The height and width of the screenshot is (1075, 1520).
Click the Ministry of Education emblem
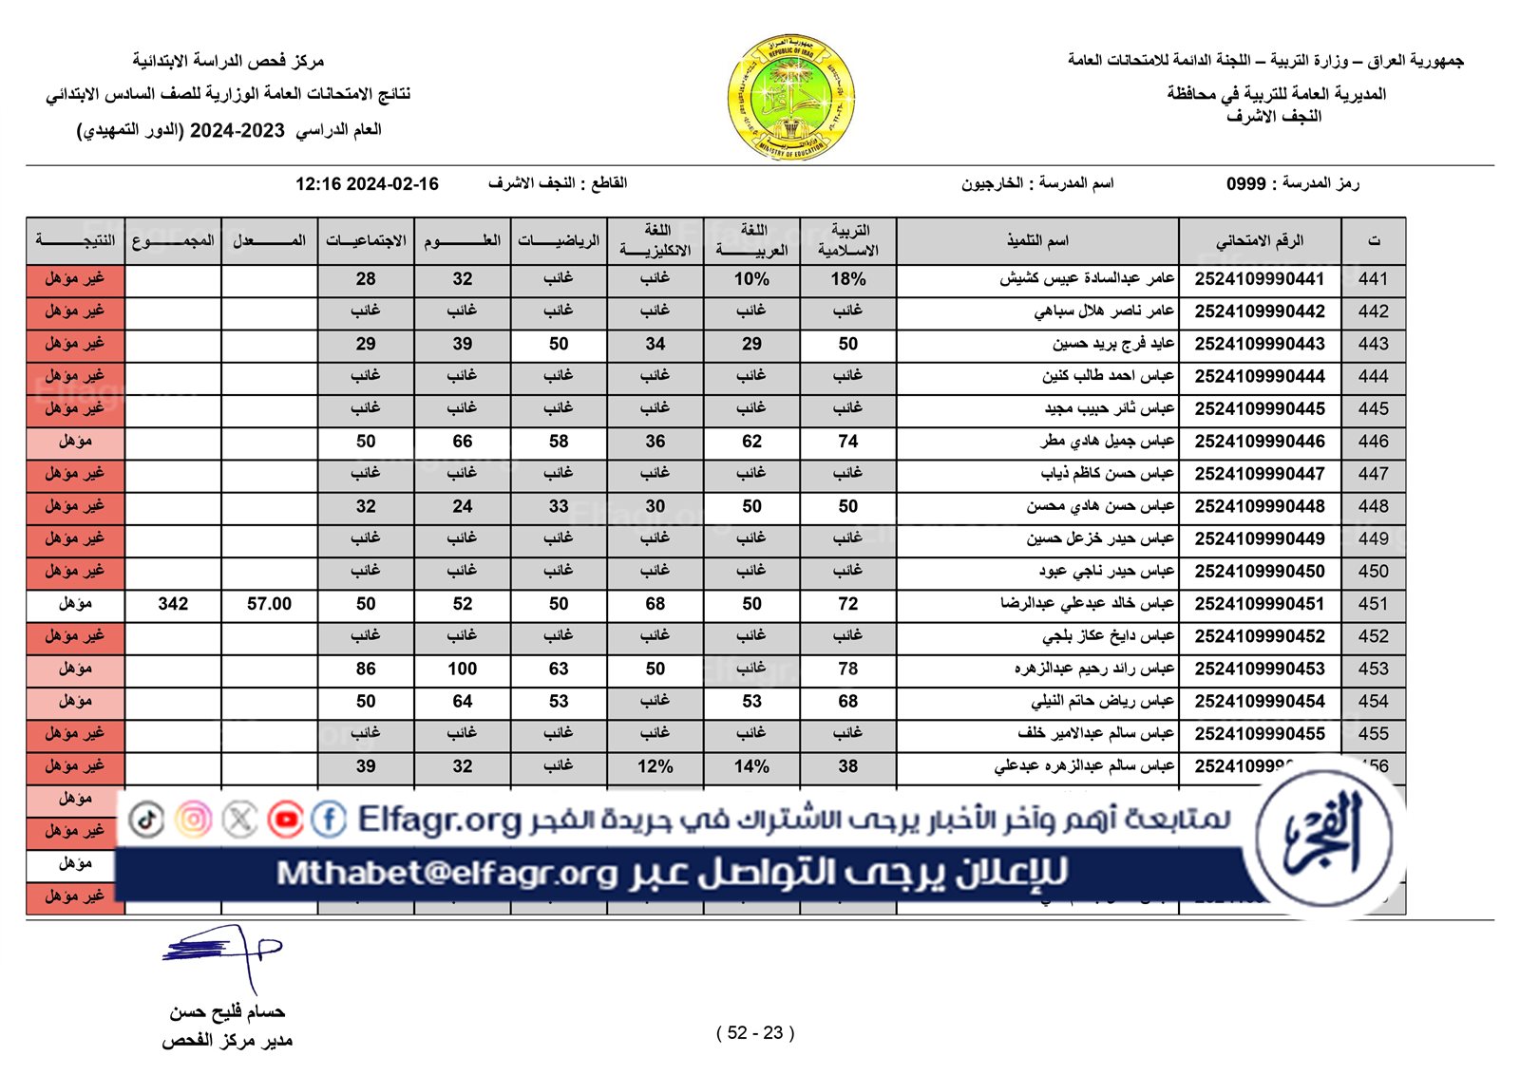tap(790, 97)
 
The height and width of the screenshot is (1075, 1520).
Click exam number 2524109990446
tap(1259, 441)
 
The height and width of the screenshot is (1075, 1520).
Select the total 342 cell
tap(173, 604)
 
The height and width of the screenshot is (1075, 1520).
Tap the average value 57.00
tap(269, 604)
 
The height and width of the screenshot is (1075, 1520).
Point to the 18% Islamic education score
tap(847, 279)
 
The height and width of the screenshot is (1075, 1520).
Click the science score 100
tap(462, 669)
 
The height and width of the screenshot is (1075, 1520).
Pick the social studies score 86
tap(366, 669)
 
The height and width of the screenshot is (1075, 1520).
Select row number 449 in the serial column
tap(1373, 538)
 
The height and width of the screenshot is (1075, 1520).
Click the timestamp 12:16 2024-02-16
tap(367, 184)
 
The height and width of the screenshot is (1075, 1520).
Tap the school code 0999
tap(1245, 184)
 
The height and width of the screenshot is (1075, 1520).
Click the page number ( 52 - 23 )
tap(755, 1032)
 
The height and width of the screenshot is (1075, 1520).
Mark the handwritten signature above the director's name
tap(224, 952)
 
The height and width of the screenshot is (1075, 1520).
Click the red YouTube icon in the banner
tap(285, 819)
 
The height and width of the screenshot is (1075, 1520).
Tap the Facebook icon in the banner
tap(329, 819)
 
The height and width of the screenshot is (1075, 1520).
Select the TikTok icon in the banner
tap(146, 819)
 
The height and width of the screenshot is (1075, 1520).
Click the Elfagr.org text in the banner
tap(439, 819)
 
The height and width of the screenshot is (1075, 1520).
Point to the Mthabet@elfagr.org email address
tap(446, 873)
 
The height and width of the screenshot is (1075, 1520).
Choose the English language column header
tap(655, 240)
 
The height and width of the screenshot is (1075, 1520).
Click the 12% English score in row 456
tap(655, 766)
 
